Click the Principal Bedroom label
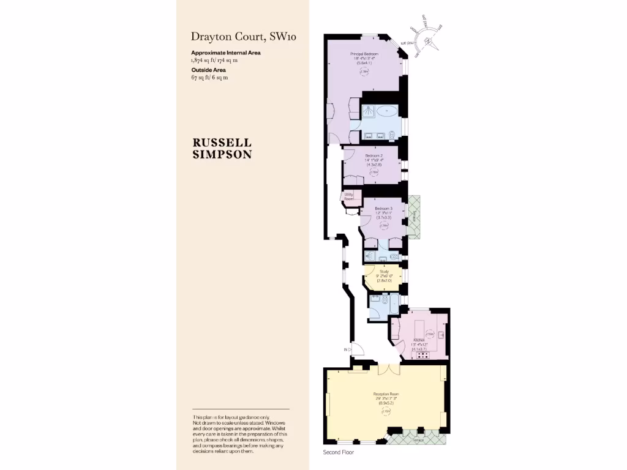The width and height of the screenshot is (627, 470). [364, 54]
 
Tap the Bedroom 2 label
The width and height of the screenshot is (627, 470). [374, 156]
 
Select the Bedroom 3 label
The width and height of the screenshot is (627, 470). [383, 208]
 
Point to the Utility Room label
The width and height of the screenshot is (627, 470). [348, 196]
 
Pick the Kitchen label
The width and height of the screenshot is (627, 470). [419, 340]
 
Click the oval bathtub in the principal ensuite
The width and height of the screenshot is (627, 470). [386, 111]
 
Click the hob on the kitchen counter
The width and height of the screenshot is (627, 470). [422, 355]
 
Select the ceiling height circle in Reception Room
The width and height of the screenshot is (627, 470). [386, 412]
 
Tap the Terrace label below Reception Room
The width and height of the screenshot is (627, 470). [418, 440]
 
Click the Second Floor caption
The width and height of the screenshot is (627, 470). [339, 453]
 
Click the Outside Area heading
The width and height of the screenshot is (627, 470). [208, 70]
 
